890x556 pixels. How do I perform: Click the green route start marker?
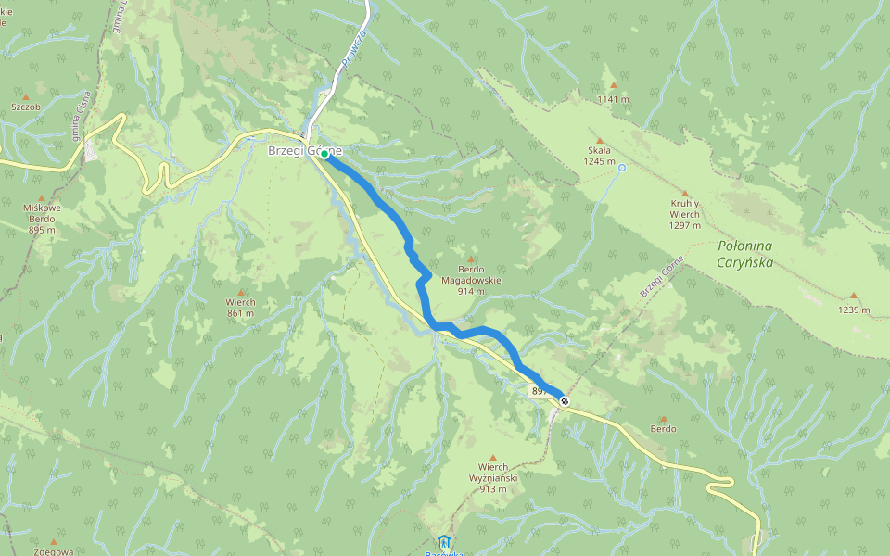[324, 156]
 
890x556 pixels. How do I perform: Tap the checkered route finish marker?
[564, 400]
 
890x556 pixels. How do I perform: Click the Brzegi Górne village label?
[305, 151]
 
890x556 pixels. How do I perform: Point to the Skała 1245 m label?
[600, 156]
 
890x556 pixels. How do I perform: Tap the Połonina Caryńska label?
[745, 254]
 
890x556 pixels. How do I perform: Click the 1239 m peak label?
[854, 310]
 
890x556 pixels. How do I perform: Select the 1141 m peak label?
[613, 99]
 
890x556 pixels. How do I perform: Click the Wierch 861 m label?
[240, 307]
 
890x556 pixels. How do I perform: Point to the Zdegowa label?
[53, 551]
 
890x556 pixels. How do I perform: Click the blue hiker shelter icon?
[444, 541]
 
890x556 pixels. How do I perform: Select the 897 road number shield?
[539, 392]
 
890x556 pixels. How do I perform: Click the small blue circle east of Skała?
[622, 168]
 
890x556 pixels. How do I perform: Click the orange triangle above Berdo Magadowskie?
[471, 259]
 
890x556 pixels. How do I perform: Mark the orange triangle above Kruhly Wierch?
[685, 193]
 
